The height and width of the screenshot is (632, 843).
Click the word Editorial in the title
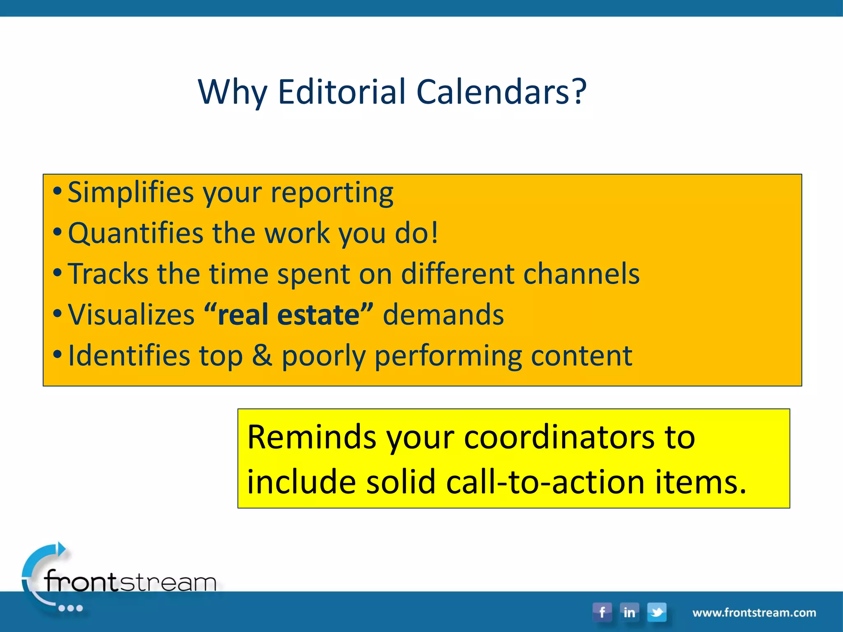pyautogui.click(x=342, y=91)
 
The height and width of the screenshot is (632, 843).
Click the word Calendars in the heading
pyautogui.click(x=494, y=91)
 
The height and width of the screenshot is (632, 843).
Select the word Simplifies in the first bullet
pyautogui.click(x=130, y=193)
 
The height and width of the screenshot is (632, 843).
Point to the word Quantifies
pyautogui.click(x=135, y=233)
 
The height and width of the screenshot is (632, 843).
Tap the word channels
pyautogui.click(x=581, y=274)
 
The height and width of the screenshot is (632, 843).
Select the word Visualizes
pyautogui.click(x=131, y=315)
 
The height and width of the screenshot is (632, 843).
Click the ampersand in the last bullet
pyautogui.click(x=262, y=355)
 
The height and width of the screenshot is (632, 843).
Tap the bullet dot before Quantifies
pyautogui.click(x=58, y=232)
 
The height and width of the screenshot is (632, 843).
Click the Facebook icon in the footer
pyautogui.click(x=602, y=612)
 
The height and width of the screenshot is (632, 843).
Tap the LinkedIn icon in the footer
pyautogui.click(x=629, y=612)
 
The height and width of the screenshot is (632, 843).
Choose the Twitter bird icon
pyautogui.click(x=657, y=612)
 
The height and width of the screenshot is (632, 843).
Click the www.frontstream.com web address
pyautogui.click(x=754, y=613)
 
